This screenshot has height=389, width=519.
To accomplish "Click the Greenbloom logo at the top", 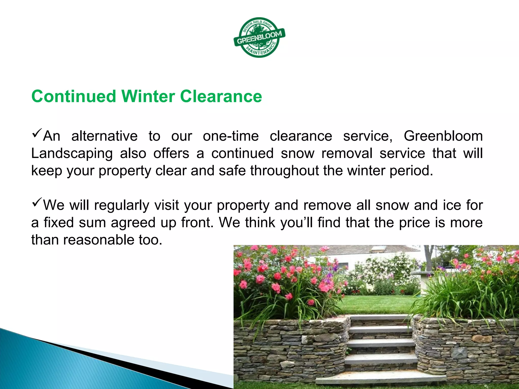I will [x=259, y=37].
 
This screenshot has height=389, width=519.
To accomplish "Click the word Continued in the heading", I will [x=74, y=96].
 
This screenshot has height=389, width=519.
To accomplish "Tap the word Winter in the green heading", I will [x=148, y=96].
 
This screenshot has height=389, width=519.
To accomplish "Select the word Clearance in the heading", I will [x=221, y=96].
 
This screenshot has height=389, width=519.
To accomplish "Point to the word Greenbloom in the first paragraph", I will [x=443, y=136].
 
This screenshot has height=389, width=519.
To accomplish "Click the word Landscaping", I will [x=72, y=153].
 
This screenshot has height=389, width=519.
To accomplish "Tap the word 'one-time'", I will [x=231, y=136].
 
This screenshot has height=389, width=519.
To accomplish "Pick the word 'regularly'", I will [x=122, y=205].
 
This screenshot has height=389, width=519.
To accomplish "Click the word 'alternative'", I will [x=104, y=136].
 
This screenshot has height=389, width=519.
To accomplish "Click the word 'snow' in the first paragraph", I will [x=298, y=153].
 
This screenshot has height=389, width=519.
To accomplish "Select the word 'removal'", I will [x=347, y=153].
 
